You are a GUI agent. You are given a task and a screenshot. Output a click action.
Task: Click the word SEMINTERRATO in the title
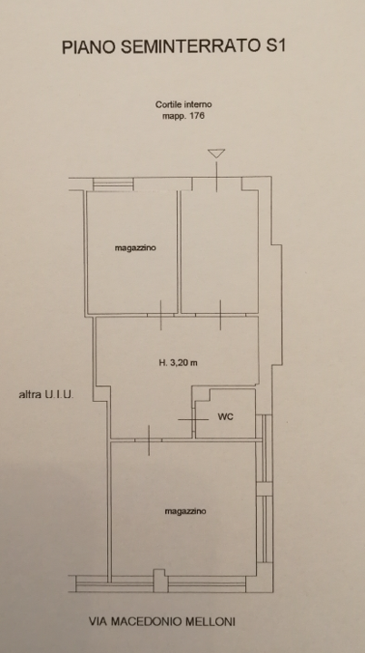(192, 47)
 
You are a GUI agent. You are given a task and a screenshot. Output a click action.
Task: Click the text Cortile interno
(183, 104)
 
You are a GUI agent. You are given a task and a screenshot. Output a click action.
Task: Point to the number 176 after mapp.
(196, 115)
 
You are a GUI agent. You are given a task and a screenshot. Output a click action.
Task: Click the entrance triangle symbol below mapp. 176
(216, 153)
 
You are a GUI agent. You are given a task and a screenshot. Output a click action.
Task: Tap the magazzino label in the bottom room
(185, 511)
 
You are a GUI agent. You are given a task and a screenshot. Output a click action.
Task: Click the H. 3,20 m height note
(178, 363)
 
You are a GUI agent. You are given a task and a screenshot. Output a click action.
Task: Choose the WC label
(225, 417)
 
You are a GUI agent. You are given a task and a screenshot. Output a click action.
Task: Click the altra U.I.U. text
(46, 395)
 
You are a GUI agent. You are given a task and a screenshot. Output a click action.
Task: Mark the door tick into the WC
(194, 419)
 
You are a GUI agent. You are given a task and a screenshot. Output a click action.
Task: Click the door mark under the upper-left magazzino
(161, 316)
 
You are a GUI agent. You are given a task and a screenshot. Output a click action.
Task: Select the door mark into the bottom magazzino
(149, 440)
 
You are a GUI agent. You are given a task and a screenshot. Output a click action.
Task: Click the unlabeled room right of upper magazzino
(220, 251)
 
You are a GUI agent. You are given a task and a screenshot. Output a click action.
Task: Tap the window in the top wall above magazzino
(113, 184)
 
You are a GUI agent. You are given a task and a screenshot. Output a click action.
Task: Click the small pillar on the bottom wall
(161, 580)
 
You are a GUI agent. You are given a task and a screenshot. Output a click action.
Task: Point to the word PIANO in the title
(89, 47)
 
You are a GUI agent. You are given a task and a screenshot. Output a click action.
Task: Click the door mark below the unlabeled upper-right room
(221, 316)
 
